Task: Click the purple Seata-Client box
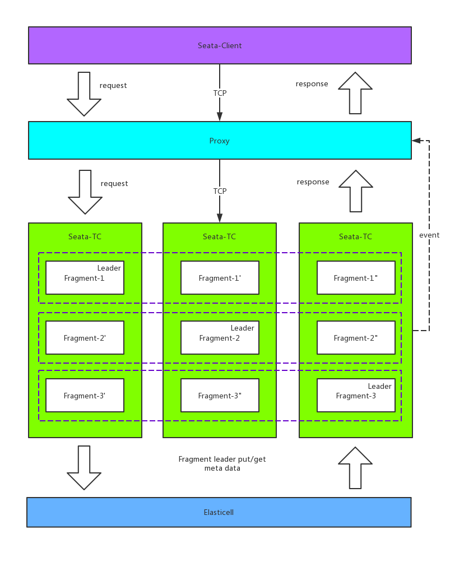(x=220, y=45)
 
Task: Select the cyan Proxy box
(x=220, y=141)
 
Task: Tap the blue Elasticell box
(x=219, y=512)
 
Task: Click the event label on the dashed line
(x=429, y=235)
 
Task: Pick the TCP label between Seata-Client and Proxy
(x=220, y=93)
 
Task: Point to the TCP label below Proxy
(x=220, y=191)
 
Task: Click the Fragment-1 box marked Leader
(x=85, y=277)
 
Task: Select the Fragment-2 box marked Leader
(x=220, y=337)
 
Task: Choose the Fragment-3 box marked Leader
(x=356, y=395)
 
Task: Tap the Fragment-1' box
(x=220, y=277)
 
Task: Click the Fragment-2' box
(x=85, y=337)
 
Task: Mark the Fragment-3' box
(x=85, y=395)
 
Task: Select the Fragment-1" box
(x=356, y=277)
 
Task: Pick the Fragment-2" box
(x=356, y=337)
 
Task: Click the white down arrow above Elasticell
(x=84, y=467)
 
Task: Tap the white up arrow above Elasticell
(x=355, y=468)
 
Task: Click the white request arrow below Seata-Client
(x=84, y=93)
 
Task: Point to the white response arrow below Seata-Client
(x=355, y=93)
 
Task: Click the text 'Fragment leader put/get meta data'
(x=222, y=463)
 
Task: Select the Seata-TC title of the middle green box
(x=220, y=236)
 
